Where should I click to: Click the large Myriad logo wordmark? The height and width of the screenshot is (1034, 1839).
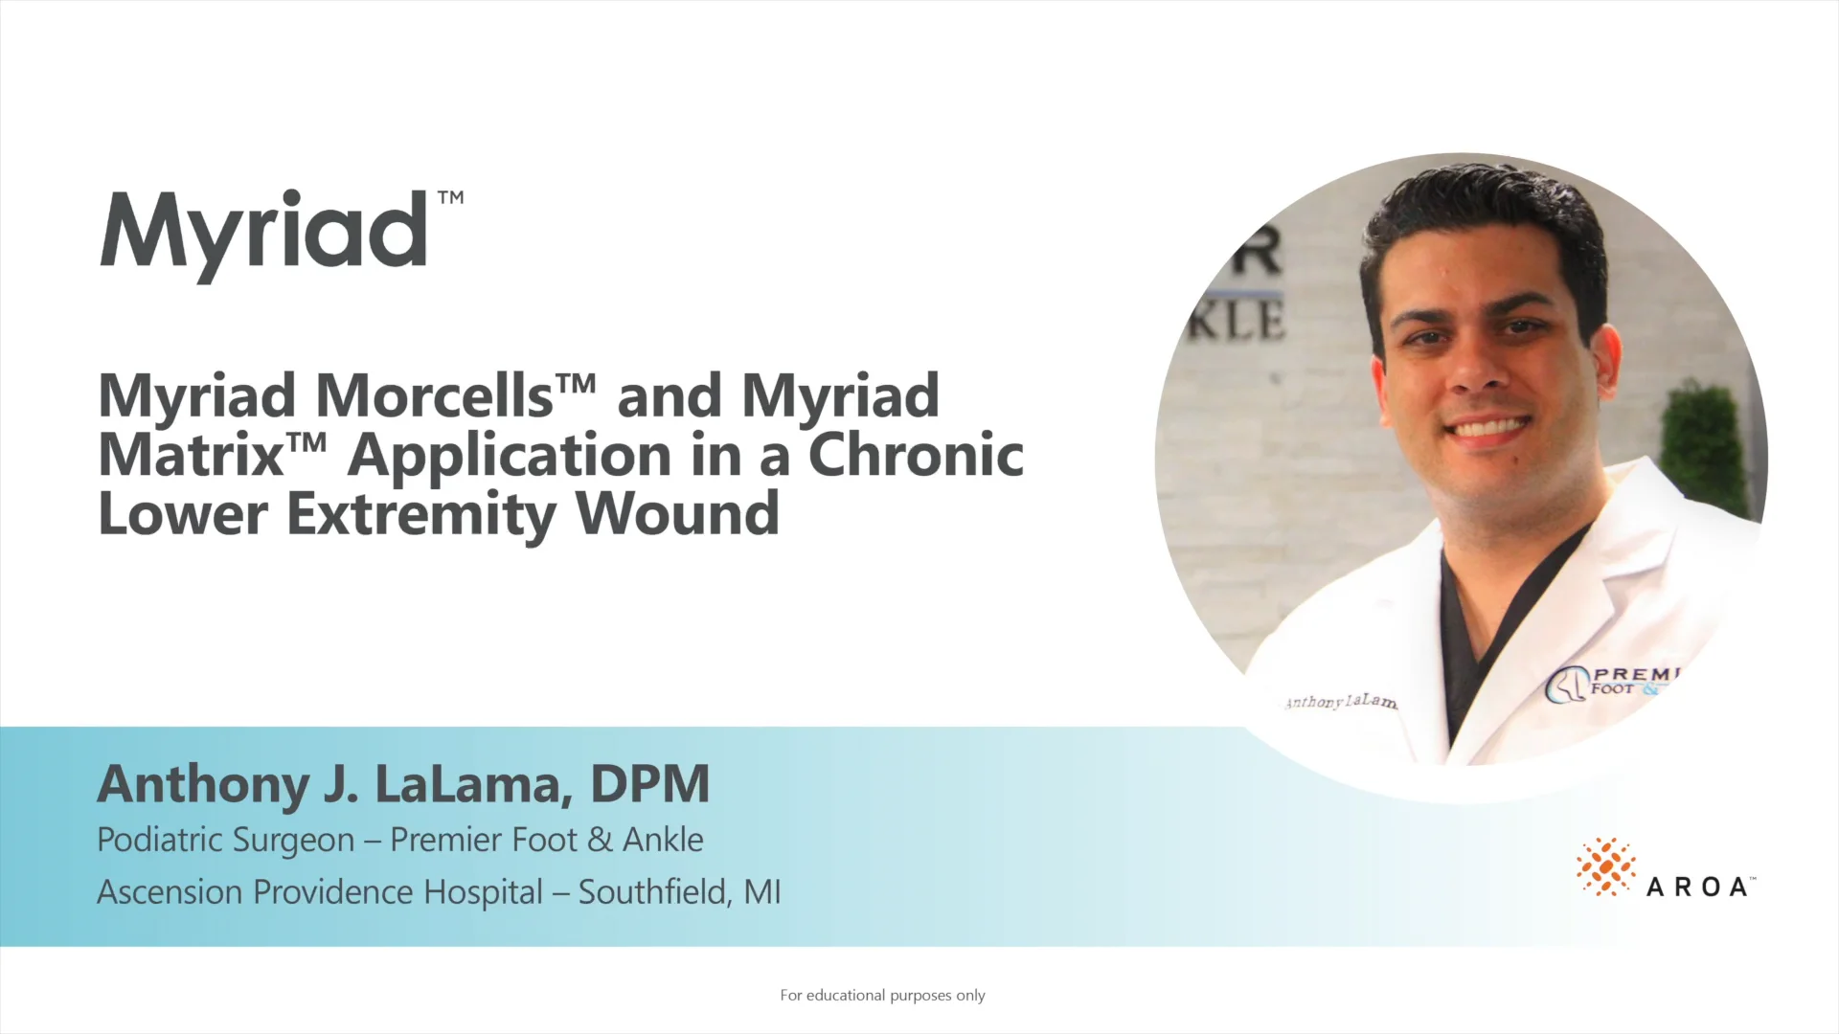[263, 233]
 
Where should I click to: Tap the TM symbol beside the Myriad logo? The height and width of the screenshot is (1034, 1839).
[450, 198]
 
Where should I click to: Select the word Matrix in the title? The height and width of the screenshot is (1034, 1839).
[190, 455]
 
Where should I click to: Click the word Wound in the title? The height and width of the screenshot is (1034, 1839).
[677, 514]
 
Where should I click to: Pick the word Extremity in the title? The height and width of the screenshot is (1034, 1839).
[421, 515]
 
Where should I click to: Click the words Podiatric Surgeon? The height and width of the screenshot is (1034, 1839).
[226, 840]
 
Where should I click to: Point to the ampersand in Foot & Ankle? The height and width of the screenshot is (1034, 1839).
[600, 840]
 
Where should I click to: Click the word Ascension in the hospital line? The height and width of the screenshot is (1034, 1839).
[170, 892]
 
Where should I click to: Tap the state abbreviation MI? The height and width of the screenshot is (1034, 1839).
[762, 892]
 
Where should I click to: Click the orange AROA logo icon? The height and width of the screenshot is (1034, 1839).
[1605, 866]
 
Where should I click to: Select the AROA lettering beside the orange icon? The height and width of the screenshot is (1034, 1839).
[1697, 888]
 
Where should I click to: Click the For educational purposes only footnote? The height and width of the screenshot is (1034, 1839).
[882, 996]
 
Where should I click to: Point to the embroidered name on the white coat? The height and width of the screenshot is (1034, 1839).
[1340, 702]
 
